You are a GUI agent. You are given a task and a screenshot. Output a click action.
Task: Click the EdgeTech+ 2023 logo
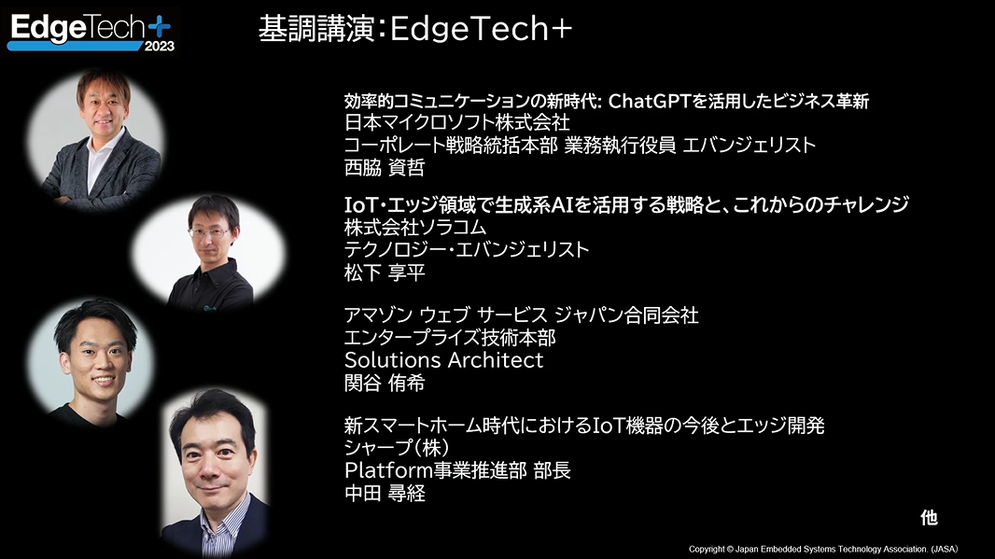[x=91, y=31]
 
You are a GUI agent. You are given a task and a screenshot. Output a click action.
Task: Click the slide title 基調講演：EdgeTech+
[x=414, y=30]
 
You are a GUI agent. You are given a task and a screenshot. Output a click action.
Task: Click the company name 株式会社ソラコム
[x=415, y=228]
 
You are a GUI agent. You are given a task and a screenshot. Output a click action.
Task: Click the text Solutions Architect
[x=443, y=360]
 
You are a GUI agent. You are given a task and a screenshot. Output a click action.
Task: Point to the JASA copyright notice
[x=822, y=549]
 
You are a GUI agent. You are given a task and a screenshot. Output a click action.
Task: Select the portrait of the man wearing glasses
[x=211, y=249]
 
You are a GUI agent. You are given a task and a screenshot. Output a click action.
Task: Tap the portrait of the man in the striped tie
[x=215, y=471]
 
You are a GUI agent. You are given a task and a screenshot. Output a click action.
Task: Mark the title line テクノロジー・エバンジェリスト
[x=467, y=250]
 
